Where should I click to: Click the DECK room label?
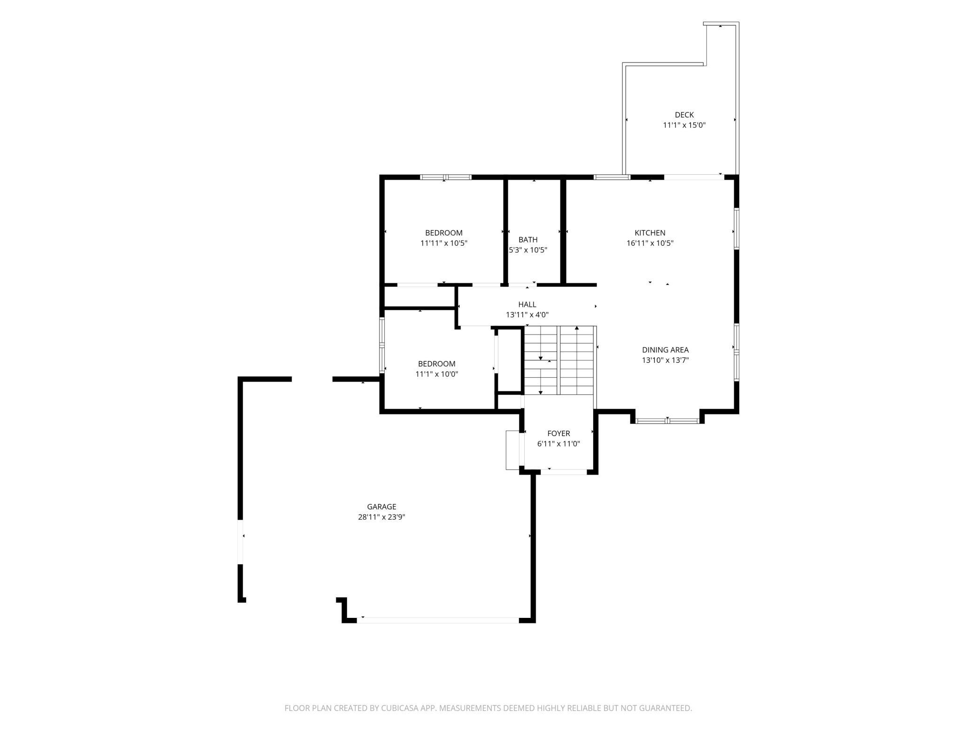tap(684, 115)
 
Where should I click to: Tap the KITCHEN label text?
tap(650, 233)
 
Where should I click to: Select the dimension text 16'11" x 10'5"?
tap(650, 243)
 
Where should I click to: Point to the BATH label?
tap(528, 240)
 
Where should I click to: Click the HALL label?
tap(527, 304)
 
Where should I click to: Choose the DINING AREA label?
tap(665, 350)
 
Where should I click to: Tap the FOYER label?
tap(558, 433)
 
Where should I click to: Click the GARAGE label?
tap(381, 507)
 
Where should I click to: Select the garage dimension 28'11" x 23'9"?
tap(381, 517)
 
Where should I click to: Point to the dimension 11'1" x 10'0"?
tap(436, 374)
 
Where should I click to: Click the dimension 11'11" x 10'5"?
tap(444, 243)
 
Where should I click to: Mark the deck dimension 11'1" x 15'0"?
tap(684, 125)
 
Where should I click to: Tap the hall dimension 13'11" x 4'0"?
tap(527, 315)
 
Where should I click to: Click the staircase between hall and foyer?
tap(559, 360)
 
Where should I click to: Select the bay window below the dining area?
tap(667, 420)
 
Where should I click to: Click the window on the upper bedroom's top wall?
tap(445, 177)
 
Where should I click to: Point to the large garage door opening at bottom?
tap(438, 620)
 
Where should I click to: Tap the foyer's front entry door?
tap(564, 472)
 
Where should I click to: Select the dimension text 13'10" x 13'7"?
tap(665, 360)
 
